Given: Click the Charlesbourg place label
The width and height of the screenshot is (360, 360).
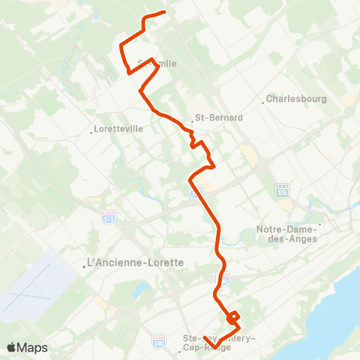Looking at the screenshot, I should point(292,99).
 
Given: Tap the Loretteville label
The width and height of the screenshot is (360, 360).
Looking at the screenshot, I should point(118,129).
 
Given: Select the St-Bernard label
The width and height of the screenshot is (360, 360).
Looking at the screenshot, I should point(210,118).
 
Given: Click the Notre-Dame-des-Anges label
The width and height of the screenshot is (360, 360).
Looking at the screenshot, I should point(286,233).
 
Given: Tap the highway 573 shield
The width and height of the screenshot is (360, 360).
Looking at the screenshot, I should point(109,216).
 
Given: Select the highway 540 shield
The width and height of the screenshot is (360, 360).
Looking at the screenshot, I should point(159,341).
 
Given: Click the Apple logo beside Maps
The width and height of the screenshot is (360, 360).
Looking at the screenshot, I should point(12,347).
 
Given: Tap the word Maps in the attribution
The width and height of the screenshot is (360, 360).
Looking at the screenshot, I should point(33,347).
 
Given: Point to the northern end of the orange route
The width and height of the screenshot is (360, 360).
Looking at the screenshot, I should point(164,12).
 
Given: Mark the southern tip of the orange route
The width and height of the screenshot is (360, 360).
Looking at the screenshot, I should point(205,337).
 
